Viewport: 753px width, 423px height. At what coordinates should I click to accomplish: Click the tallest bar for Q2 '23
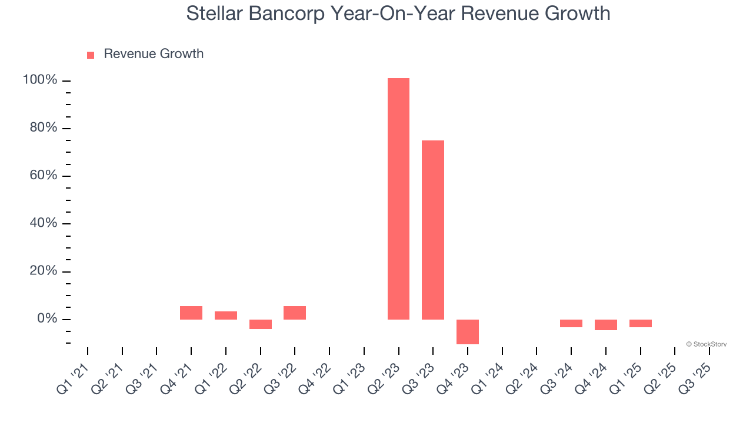click(398, 199)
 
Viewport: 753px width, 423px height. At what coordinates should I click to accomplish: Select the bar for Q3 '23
click(433, 230)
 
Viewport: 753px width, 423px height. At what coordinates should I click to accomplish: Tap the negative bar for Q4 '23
click(468, 331)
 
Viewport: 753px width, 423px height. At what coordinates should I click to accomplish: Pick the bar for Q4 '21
click(191, 313)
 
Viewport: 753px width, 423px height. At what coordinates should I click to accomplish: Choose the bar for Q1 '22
click(226, 315)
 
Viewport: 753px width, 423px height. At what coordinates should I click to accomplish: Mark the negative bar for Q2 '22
click(261, 324)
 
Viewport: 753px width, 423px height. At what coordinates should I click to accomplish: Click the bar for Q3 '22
click(295, 313)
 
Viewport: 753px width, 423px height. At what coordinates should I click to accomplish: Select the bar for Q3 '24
click(571, 323)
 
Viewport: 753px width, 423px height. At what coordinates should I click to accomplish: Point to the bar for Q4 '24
click(606, 325)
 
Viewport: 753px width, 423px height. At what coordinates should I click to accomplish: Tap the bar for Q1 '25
click(641, 323)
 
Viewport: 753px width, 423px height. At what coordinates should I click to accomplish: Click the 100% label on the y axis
click(40, 80)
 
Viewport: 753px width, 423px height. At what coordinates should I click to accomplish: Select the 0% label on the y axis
click(46, 319)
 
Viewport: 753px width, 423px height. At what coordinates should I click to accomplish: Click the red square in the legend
click(91, 55)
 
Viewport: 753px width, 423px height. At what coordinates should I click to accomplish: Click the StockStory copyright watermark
click(706, 344)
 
